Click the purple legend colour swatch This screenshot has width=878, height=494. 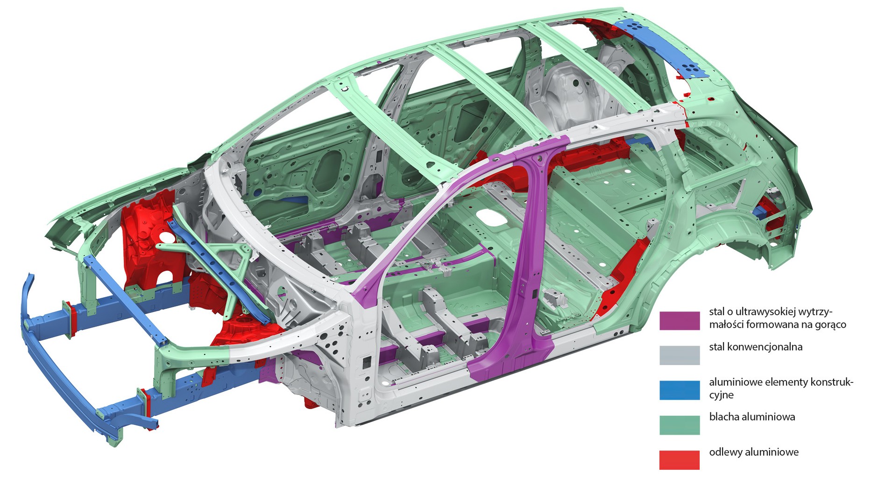point(680,321)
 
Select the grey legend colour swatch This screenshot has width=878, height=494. point(680,355)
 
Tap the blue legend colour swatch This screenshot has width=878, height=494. point(680,390)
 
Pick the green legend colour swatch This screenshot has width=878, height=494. point(680,425)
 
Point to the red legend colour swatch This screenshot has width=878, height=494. point(680,460)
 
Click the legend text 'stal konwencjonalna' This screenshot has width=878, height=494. point(756,347)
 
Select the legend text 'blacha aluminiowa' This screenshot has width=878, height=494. point(752,417)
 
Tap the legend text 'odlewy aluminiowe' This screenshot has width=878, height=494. point(754,452)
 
